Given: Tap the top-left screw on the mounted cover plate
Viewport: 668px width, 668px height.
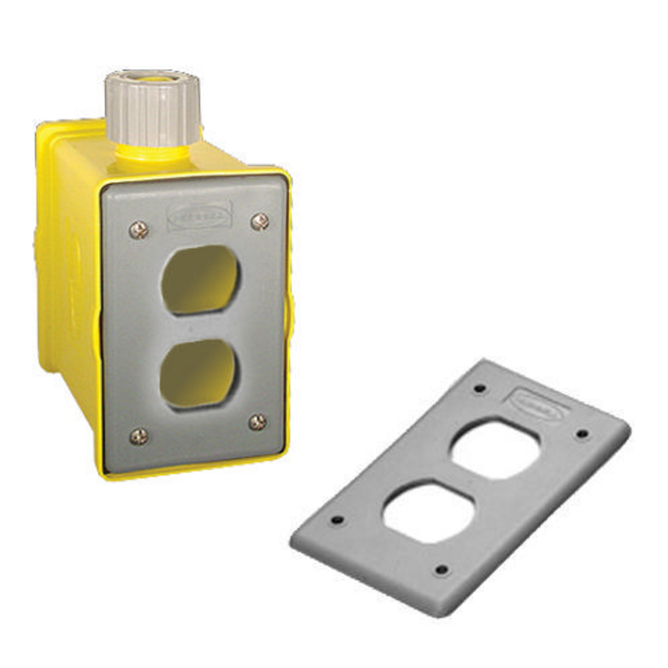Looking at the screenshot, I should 138,230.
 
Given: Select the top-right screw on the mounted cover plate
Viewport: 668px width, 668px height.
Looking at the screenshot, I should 260,222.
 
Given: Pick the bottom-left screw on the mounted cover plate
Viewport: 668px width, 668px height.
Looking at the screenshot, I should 138,436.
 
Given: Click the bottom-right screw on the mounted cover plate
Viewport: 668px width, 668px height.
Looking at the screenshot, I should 258,422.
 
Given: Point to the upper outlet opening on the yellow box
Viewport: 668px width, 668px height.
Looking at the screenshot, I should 200,280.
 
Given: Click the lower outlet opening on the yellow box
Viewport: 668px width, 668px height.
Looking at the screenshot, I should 199,374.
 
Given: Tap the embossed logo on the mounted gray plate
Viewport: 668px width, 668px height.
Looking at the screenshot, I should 200,215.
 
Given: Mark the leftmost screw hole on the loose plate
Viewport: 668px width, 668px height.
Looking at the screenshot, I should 337,520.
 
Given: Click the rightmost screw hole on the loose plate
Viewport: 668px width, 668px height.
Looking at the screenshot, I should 582,433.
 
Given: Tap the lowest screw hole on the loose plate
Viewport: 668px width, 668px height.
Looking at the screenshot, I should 442,569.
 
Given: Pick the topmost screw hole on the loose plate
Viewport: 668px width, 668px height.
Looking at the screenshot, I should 479,388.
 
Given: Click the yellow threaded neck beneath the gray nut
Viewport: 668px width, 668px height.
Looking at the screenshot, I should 153,153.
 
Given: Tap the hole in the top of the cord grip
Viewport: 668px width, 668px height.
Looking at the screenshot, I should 152,78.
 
